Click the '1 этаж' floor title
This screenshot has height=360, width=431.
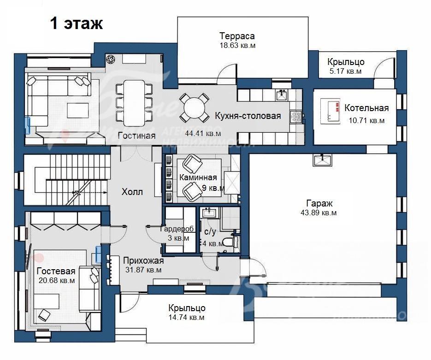pyautogui.click(x=77, y=24)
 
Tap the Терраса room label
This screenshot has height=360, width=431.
pyautogui.click(x=237, y=36)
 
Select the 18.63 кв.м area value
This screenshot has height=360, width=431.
pyautogui.click(x=237, y=45)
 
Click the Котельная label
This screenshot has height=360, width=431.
pyautogui.click(x=366, y=108)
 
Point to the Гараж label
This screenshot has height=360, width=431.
pyautogui.click(x=319, y=203)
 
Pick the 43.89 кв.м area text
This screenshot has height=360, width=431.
pyautogui.click(x=319, y=212)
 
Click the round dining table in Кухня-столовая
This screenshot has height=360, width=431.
pyautogui.click(x=195, y=108)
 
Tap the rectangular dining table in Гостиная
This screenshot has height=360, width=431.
pyautogui.click(x=134, y=103)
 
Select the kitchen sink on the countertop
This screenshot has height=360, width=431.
pyautogui.click(x=282, y=95)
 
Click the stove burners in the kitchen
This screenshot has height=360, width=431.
pyautogui.click(x=296, y=117)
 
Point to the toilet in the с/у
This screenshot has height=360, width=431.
pyautogui.click(x=228, y=242)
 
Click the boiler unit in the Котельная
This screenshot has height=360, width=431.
pyautogui.click(x=330, y=111)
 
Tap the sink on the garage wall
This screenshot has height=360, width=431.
pyautogui.click(x=322, y=160)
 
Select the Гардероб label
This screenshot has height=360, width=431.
pyautogui.click(x=177, y=229)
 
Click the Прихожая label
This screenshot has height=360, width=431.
pyautogui.click(x=143, y=260)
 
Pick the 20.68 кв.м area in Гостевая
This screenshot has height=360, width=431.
pyautogui.click(x=57, y=281)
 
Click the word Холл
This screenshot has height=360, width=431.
pyautogui.click(x=132, y=192)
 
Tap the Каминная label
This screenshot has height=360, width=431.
pyautogui.click(x=198, y=177)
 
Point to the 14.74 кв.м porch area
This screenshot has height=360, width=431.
pyautogui.click(x=187, y=318)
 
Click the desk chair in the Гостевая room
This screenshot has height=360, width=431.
pyautogui.click(x=43, y=315)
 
